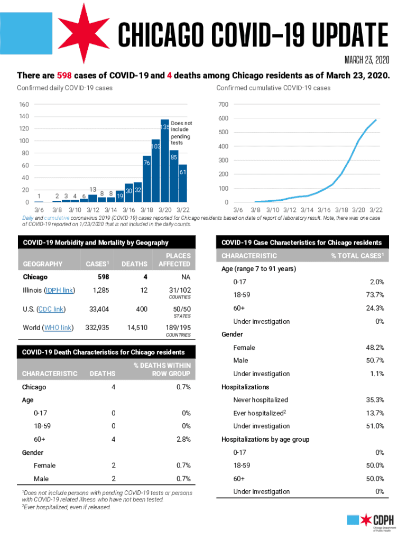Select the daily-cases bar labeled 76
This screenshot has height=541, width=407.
click(147, 180)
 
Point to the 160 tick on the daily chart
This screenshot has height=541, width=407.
click(25, 104)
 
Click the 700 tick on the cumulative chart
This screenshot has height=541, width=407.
click(224, 104)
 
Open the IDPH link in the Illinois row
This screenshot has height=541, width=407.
click(59, 290)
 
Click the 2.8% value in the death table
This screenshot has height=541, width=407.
click(183, 439)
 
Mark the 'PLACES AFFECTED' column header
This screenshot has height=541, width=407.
click(174, 259)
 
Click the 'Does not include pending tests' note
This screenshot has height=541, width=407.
click(180, 133)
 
